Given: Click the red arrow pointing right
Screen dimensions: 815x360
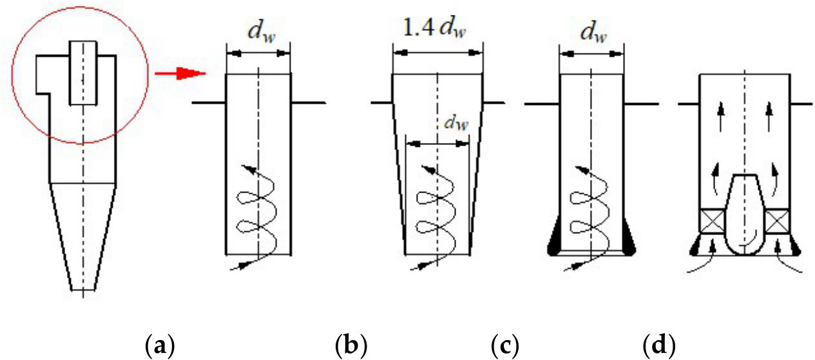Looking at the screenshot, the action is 180,73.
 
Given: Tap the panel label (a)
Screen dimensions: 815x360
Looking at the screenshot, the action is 160,345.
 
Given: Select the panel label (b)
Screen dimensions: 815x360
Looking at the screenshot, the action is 351,345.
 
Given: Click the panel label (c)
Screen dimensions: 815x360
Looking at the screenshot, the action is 505,345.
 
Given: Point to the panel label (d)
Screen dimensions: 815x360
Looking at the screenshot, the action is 659,345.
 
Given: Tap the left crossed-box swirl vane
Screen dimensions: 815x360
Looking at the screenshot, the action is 712,221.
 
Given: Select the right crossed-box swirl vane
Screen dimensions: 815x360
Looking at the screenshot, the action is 778,221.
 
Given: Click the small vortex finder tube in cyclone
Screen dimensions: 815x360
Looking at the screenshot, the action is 83,73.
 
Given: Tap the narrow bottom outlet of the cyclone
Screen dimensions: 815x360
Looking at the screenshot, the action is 83,290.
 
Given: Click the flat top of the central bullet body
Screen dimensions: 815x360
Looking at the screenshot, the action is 745,175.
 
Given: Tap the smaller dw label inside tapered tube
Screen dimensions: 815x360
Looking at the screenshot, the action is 456,123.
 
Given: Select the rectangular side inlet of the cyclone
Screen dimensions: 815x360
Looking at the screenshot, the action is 43,75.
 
